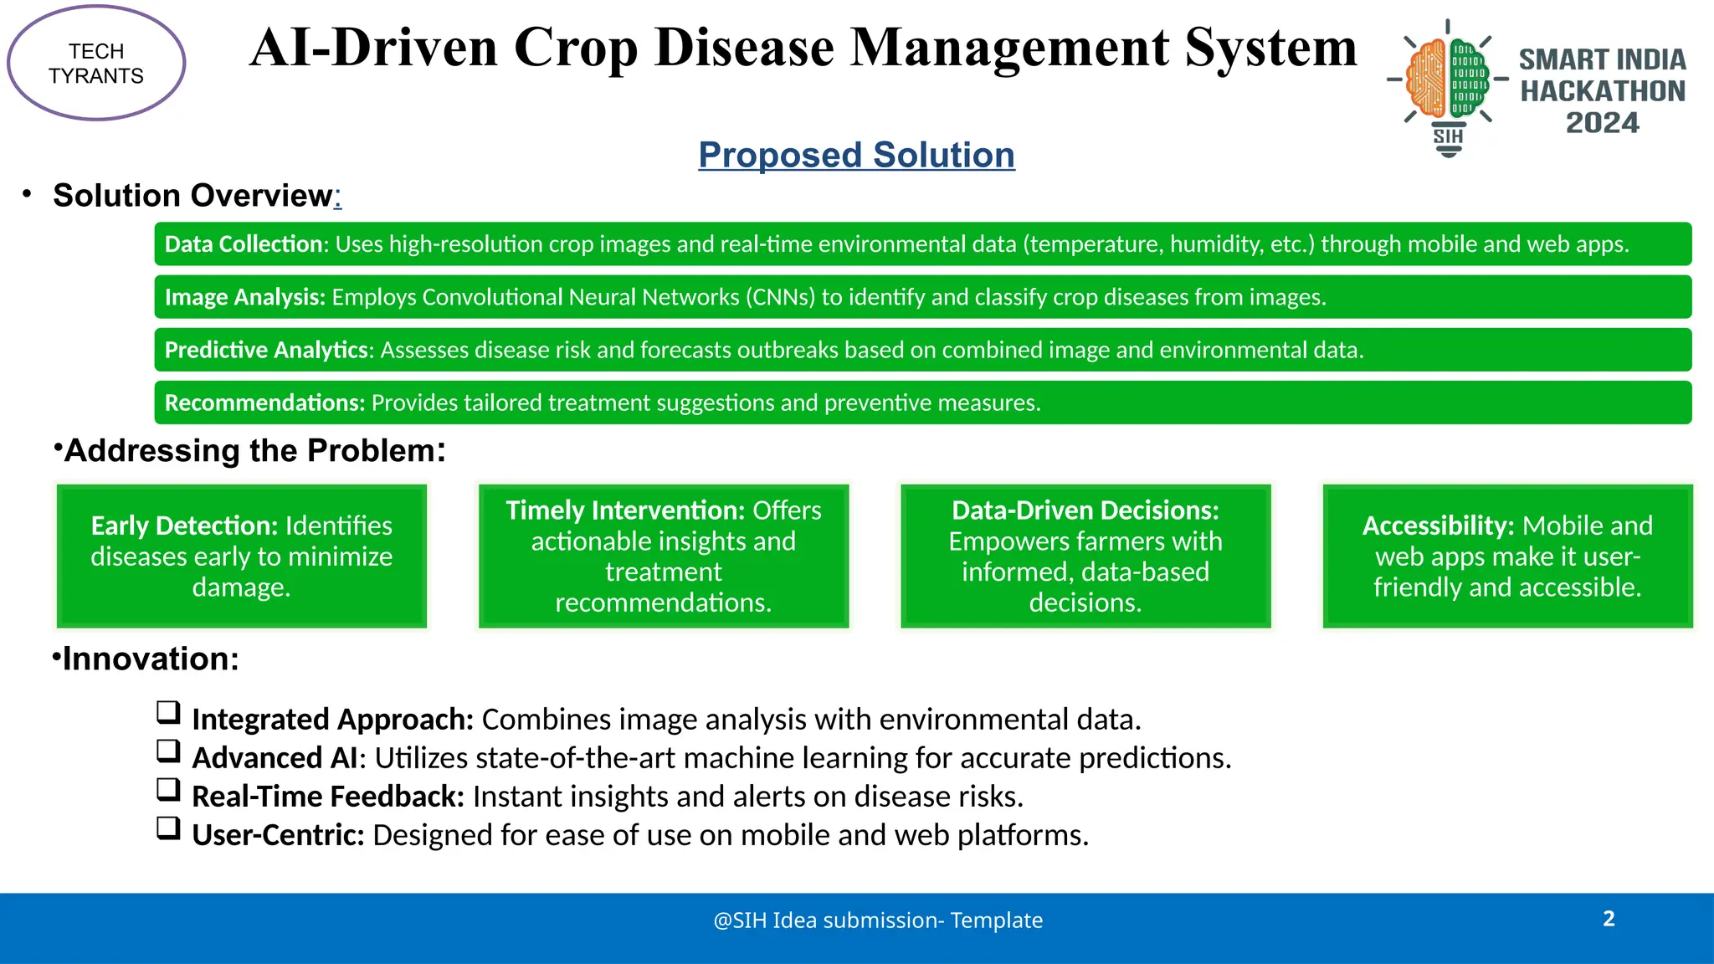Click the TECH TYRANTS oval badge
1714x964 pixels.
[96, 64]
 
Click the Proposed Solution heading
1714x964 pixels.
[856, 156]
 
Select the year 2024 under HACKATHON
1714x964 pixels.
[1602, 123]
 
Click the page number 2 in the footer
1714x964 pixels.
[1609, 919]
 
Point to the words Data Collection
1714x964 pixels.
[244, 244]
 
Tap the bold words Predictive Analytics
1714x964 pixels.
[266, 350]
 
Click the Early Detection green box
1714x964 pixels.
[242, 556]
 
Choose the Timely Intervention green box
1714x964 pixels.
[664, 556]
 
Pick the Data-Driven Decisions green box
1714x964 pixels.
[1085, 556]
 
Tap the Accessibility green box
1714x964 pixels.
[1507, 556]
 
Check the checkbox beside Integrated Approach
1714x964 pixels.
[168, 713]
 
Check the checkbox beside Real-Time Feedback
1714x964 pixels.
[168, 790]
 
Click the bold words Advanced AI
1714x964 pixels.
[275, 758]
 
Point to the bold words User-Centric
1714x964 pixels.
[278, 835]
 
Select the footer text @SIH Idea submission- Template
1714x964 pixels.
[878, 920]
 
